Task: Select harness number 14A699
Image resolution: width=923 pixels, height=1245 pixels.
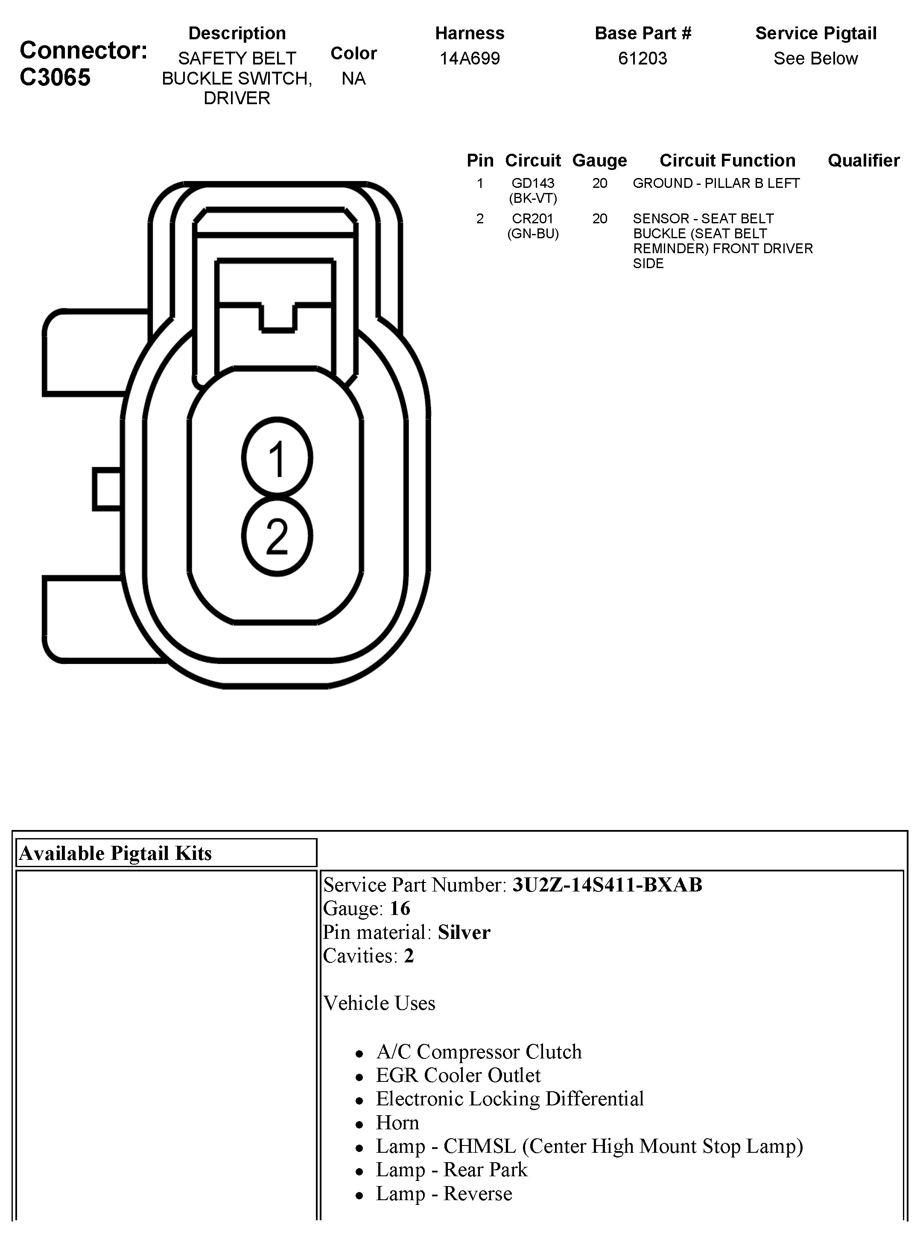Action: tap(469, 58)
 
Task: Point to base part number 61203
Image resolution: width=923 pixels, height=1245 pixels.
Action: tap(643, 58)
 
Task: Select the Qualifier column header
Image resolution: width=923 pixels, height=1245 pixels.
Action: tap(863, 161)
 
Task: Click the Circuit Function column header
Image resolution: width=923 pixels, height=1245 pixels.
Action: tap(727, 161)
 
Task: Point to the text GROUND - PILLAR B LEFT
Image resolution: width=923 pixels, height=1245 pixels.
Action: tap(716, 183)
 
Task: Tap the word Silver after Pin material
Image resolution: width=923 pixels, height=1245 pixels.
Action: tap(464, 932)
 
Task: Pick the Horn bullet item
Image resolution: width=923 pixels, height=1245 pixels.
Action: tap(397, 1122)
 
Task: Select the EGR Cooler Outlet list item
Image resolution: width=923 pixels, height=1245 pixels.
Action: tap(458, 1075)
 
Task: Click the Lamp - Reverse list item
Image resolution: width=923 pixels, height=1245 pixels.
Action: tap(444, 1194)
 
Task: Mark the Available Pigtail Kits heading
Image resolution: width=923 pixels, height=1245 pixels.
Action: tap(115, 853)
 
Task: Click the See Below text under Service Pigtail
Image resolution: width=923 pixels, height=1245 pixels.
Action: tap(815, 58)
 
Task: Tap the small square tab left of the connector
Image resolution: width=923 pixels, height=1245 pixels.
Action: tap(107, 490)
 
